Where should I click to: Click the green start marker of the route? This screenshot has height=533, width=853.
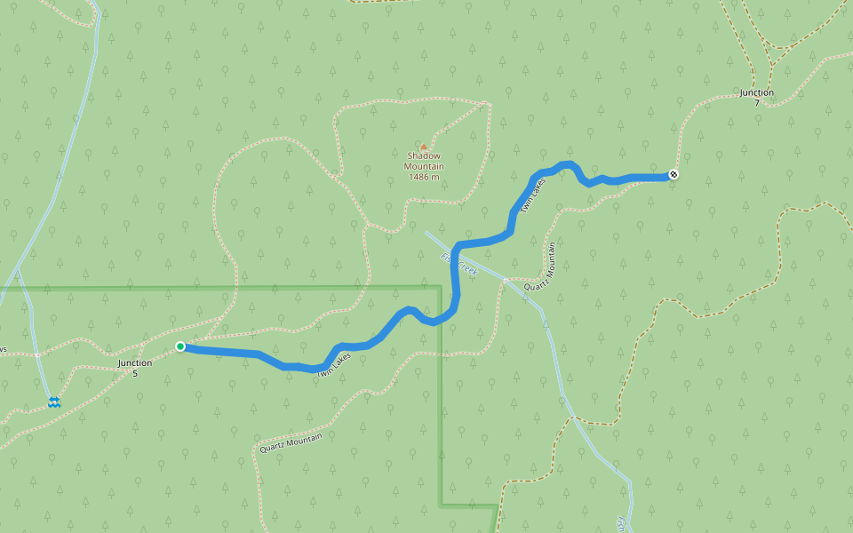180,346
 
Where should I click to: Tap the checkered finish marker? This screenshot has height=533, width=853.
674,174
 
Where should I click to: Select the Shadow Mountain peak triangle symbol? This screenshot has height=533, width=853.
424,147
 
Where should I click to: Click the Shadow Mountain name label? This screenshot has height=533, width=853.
424,161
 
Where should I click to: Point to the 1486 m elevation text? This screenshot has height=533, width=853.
424,177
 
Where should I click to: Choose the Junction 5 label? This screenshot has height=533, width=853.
135,368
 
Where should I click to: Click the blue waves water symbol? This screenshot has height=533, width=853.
54,402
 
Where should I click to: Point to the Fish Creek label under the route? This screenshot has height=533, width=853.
458,265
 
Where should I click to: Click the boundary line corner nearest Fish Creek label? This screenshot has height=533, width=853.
441,287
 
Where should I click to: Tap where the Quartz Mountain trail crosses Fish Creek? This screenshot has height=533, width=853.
504,281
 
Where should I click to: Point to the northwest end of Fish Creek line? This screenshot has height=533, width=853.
426,234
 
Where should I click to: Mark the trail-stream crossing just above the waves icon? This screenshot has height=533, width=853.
37,354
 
